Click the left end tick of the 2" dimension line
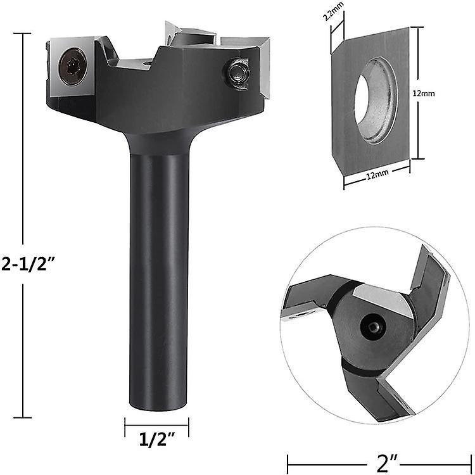[288, 461]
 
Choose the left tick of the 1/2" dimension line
[125, 426]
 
